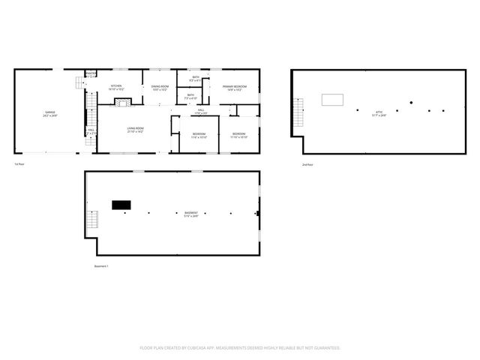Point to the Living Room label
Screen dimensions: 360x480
pos(135,130)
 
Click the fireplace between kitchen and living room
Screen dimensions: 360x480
pos(122,103)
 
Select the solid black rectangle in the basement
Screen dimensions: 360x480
pos(121,204)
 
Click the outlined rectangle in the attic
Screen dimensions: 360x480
pos(332,100)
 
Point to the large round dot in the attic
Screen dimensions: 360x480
pos(411,102)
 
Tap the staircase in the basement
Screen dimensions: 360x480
pos(93,221)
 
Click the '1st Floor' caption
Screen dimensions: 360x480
pos(19,164)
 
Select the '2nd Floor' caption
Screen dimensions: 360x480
pos(307,164)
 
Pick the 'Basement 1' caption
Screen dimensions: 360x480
pos(101,266)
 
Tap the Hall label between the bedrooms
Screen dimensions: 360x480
pos(201,112)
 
